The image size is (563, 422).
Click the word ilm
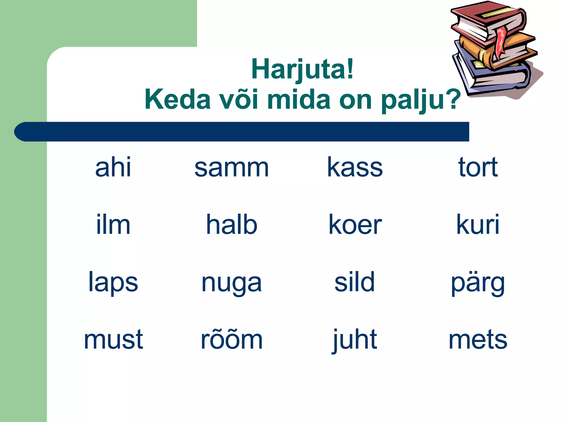tap(113, 225)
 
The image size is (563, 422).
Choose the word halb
tap(231, 225)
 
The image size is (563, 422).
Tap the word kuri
tap(478, 225)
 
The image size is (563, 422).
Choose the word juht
tap(355, 340)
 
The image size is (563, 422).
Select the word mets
tap(478, 340)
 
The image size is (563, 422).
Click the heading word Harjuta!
tap(302, 70)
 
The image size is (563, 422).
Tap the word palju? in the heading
tap(421, 100)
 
